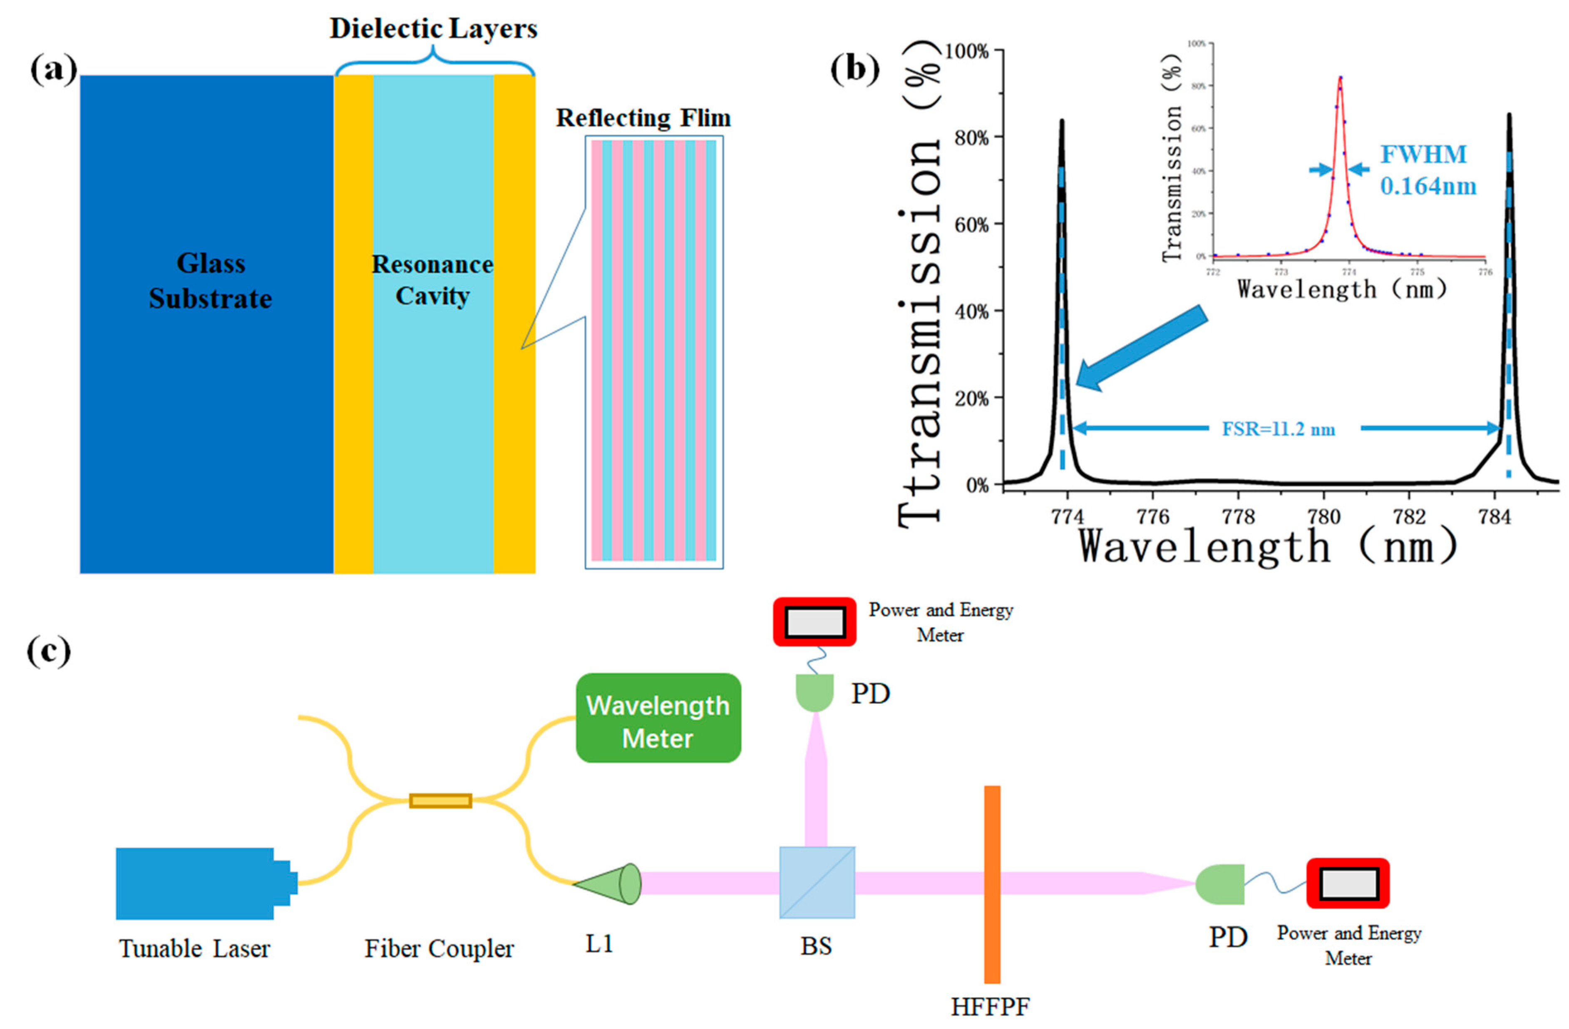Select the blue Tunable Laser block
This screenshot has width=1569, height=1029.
click(196, 883)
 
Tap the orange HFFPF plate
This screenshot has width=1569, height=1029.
click(991, 884)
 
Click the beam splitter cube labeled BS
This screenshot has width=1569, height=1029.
click(817, 882)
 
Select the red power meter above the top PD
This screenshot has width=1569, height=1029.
click(814, 621)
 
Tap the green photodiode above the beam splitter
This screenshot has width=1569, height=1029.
click(815, 693)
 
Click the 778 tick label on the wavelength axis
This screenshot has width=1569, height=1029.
click(1238, 516)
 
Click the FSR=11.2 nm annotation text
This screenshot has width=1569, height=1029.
click(1278, 429)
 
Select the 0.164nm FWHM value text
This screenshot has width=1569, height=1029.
click(1428, 187)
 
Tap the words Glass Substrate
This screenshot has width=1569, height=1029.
click(210, 281)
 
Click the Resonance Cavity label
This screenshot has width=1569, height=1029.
click(432, 280)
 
